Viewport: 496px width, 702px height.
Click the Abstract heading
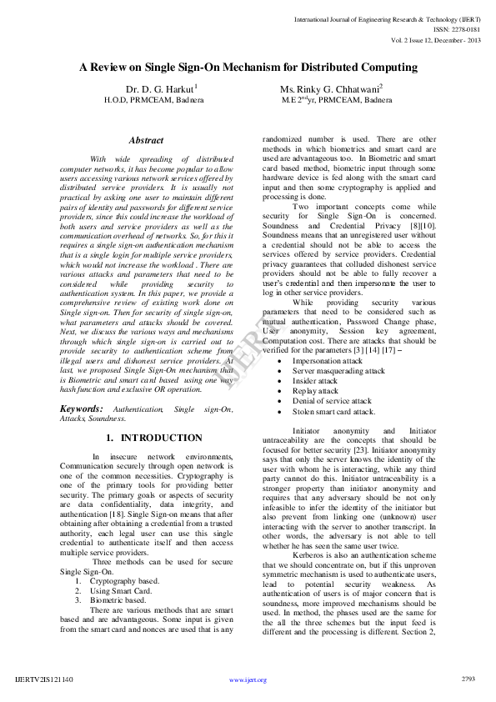147,141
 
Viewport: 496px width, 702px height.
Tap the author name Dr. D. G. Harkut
161,88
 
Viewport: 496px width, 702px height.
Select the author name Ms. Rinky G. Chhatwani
332,88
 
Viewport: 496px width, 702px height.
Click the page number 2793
468,679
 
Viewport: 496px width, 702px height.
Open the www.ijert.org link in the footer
248,679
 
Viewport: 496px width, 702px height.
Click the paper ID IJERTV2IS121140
44,679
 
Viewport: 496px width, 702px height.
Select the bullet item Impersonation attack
327,360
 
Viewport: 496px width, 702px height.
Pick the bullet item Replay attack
315,390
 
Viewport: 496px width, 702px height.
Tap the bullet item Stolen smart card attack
333,411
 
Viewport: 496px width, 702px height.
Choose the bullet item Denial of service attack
332,400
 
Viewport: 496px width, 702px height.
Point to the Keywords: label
82,409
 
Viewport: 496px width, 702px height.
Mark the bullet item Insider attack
315,380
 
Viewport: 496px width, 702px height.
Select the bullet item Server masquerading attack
338,370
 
